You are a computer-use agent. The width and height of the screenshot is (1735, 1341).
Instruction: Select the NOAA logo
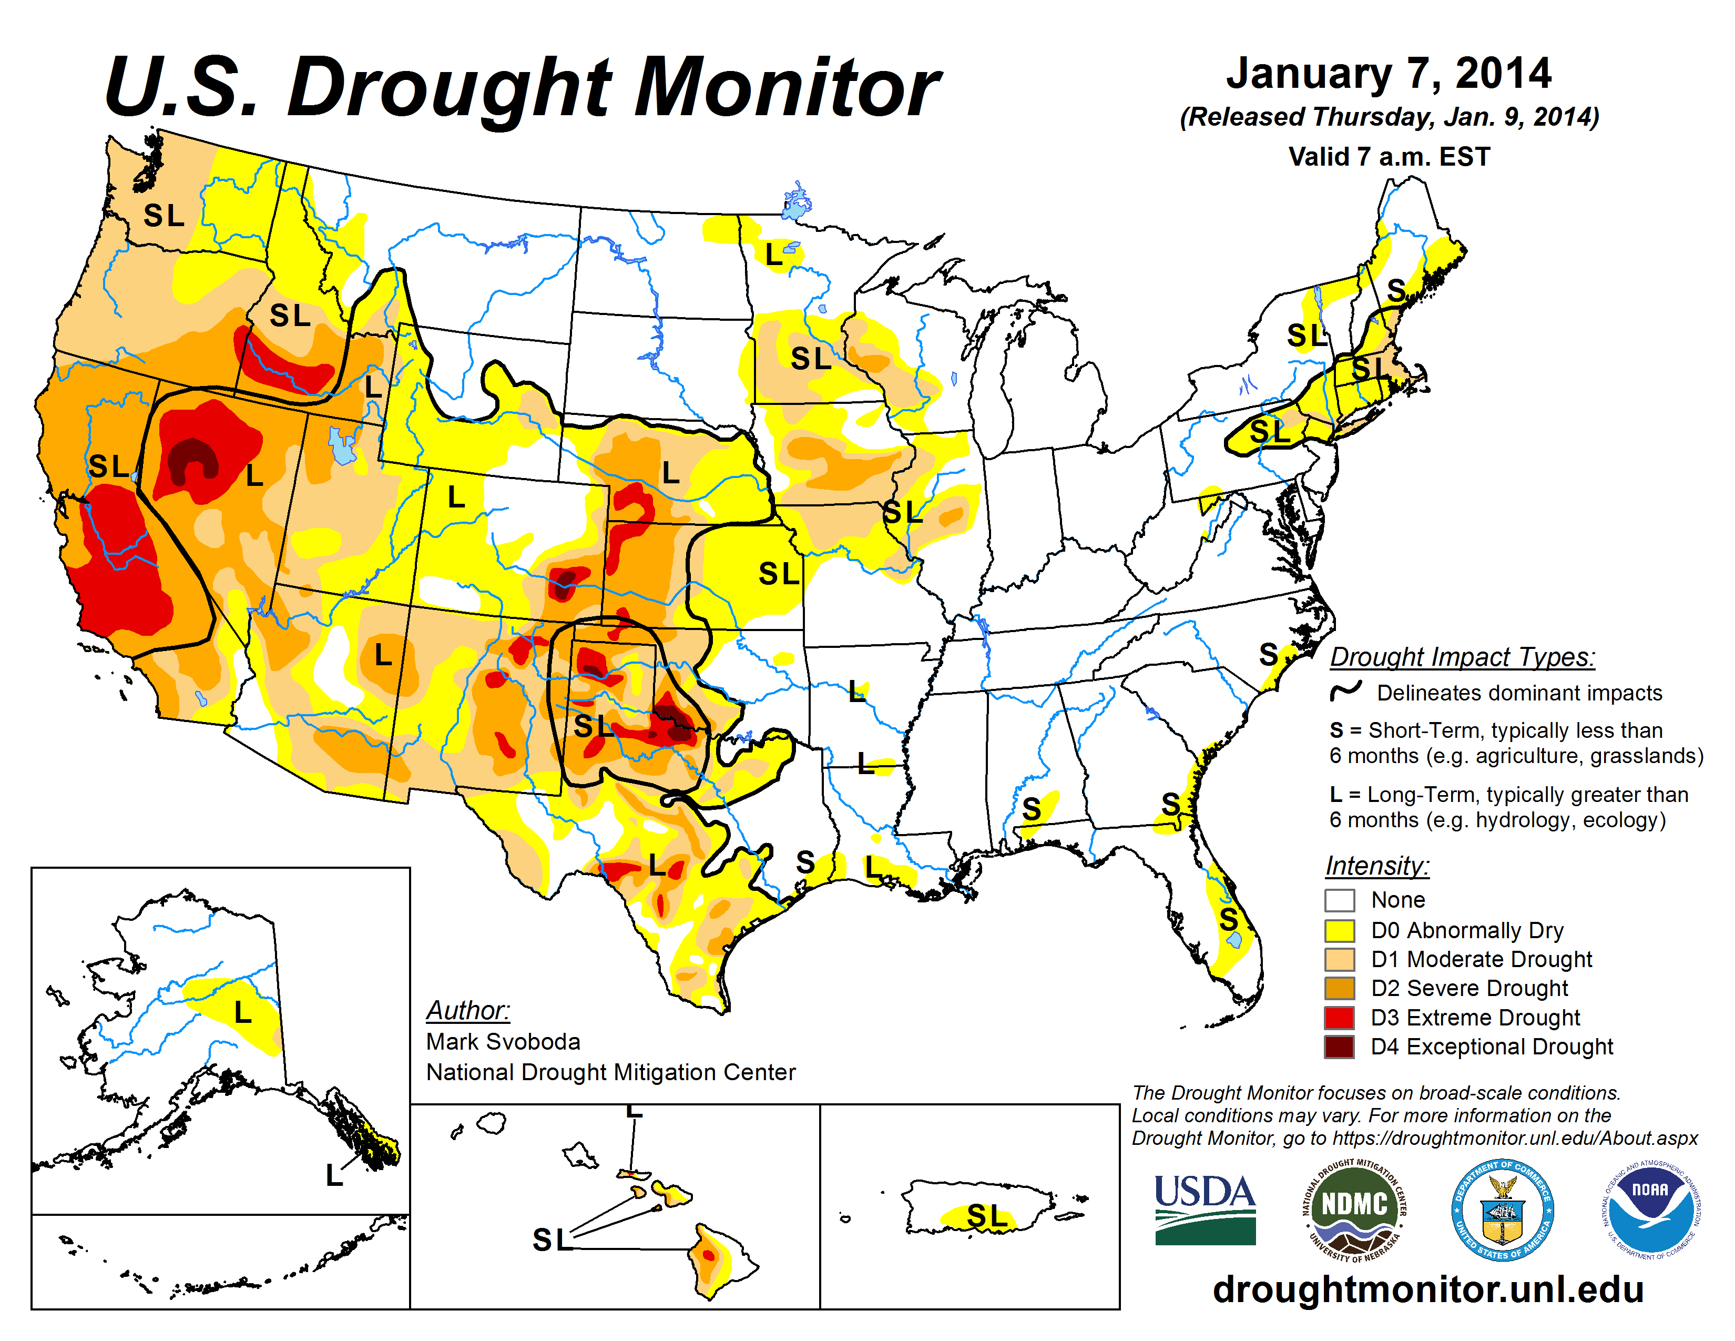[x=1650, y=1211]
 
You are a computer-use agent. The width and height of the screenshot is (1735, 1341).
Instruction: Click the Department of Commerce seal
[x=1502, y=1211]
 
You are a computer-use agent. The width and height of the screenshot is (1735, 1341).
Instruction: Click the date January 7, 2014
[x=1389, y=74]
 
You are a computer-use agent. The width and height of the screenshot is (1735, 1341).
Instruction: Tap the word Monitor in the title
[x=787, y=87]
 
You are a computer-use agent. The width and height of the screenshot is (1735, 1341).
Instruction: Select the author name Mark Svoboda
[x=503, y=1041]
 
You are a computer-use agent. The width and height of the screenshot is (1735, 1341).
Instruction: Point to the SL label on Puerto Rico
[x=987, y=1215]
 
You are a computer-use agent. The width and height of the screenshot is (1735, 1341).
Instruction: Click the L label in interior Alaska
[x=243, y=1012]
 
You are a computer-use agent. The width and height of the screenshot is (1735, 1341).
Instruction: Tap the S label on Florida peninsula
[x=1228, y=920]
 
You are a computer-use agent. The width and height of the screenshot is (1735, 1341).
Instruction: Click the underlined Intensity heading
[x=1377, y=865]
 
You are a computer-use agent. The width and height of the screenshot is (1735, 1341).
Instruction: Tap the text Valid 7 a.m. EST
[x=1389, y=157]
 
